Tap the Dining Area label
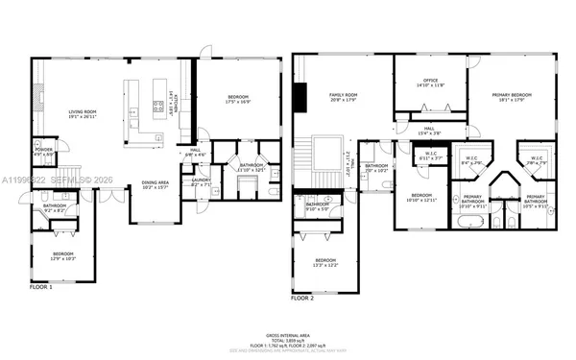pyautogui.click(x=156, y=184)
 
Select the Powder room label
pyautogui.click(x=43, y=152)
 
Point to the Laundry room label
pyautogui.click(x=201, y=180)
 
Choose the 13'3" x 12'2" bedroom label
pyautogui.click(x=326, y=262)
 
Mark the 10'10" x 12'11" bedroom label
pyautogui.click(x=420, y=198)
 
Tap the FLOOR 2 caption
pyautogui.click(x=303, y=299)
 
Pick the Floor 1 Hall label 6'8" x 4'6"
pyautogui.click(x=195, y=152)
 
